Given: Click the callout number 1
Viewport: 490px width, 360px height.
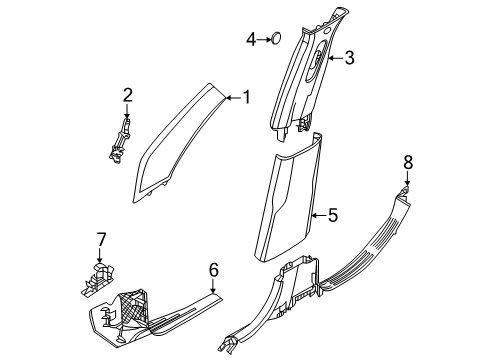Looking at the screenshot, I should tap(249, 97).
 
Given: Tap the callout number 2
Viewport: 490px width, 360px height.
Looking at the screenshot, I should tap(127, 95).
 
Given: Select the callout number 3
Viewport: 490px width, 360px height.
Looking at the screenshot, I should tap(349, 58).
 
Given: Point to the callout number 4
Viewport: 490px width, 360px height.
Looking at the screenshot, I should tap(252, 39).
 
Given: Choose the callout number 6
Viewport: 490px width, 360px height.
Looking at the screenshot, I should tap(213, 269).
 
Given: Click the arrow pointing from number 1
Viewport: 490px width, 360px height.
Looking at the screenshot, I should tap(234, 97).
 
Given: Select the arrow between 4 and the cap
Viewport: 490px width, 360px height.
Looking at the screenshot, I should tap(263, 39).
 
